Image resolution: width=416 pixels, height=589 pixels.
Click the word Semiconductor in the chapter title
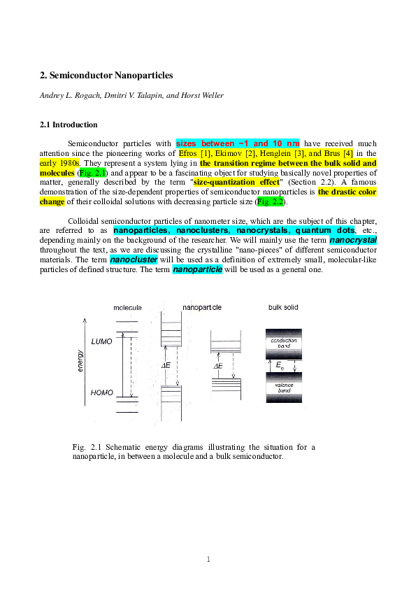click(x=83, y=75)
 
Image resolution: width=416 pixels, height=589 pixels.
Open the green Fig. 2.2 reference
click(x=271, y=201)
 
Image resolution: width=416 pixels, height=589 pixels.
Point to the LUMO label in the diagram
click(x=101, y=341)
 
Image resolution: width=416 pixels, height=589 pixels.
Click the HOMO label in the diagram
click(x=102, y=394)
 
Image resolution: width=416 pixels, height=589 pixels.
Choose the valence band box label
click(x=285, y=388)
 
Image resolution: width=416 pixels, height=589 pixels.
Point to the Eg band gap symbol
click(x=280, y=365)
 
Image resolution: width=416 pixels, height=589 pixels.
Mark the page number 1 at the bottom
click(x=208, y=558)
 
